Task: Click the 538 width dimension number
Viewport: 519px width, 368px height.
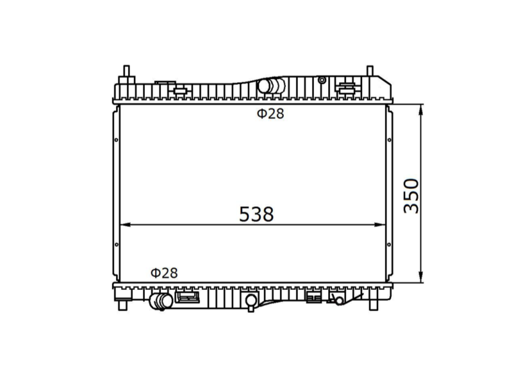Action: [x=256, y=214]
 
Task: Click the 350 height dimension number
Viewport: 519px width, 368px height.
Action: [x=412, y=196]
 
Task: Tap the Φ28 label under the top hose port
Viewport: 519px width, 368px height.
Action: [x=271, y=114]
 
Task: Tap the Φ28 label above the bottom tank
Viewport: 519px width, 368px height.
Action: [x=164, y=273]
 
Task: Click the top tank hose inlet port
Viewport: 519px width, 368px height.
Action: [x=271, y=86]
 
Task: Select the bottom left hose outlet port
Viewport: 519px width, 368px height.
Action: [x=161, y=301]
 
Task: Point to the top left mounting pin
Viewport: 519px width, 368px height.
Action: [x=126, y=71]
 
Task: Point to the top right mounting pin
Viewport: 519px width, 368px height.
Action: [x=370, y=71]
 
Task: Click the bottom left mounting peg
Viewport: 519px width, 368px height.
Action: [x=123, y=305]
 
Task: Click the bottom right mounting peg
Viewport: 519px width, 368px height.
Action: [x=374, y=305]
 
